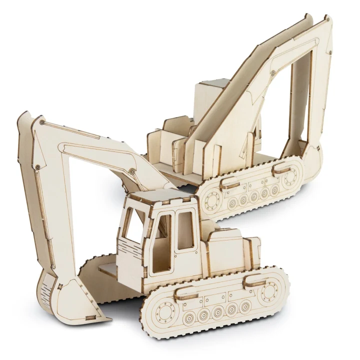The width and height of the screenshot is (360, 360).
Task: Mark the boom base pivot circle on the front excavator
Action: coord(132,171)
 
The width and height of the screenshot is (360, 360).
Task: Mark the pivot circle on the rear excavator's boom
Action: coord(273,73)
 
